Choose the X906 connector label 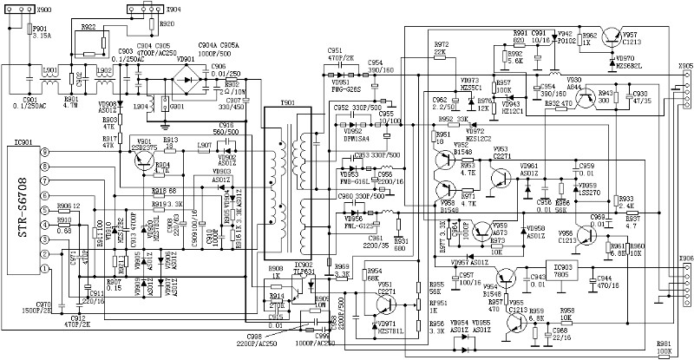click(x=685, y=259)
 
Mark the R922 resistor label click(x=88, y=27)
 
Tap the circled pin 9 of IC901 click(x=43, y=152)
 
